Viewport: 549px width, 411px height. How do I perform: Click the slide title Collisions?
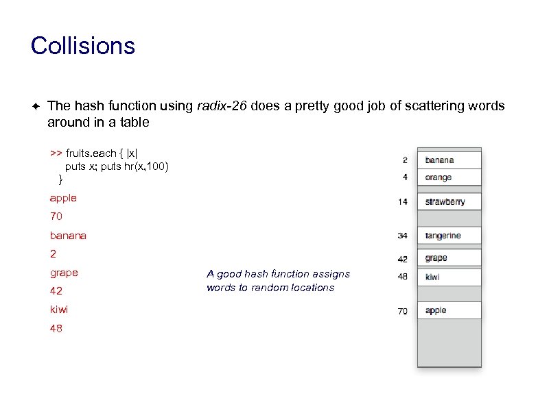pos(83,47)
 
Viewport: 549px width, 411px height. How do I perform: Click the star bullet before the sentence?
pos(35,107)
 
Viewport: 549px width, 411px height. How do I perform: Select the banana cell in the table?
pos(449,160)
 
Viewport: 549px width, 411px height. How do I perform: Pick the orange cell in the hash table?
pos(449,177)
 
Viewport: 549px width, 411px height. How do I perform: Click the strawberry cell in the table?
pos(449,201)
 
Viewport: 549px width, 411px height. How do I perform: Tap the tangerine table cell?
pos(449,236)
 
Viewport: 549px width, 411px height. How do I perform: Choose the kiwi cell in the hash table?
pos(449,277)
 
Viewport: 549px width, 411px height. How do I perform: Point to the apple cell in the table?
pos(449,310)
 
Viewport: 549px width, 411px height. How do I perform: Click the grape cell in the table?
pos(449,258)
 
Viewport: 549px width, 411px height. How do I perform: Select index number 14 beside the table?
pos(402,202)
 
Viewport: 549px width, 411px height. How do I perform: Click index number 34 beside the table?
pos(402,236)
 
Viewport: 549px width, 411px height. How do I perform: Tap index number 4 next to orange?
pos(405,177)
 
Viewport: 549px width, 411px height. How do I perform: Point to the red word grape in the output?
pos(64,273)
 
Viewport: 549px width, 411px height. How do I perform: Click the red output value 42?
pos(56,291)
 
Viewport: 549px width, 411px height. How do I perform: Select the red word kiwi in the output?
pos(59,310)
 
